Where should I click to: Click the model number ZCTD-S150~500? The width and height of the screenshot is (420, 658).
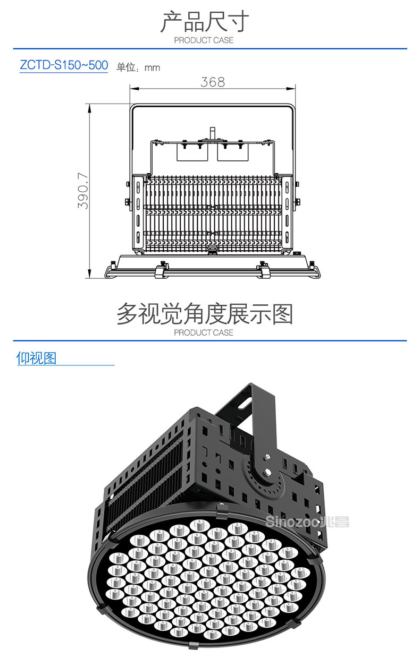coord(64,66)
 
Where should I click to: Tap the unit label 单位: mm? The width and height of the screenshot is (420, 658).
coord(138,67)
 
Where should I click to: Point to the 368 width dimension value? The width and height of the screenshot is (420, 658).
coord(213,82)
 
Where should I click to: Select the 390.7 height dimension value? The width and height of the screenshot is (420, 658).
coord(83,190)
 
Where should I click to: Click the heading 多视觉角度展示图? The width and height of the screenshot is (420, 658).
coord(205,314)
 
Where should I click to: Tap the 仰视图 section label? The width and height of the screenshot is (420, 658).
coord(36,358)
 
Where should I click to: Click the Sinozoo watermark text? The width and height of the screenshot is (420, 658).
coord(306,522)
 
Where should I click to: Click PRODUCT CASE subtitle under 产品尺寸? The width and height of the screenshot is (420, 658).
coord(204,40)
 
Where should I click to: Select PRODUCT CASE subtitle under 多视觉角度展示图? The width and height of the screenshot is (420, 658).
coord(204,332)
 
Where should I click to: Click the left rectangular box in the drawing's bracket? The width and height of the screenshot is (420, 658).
coord(192,152)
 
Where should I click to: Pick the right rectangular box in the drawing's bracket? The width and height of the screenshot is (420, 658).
coord(233,152)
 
